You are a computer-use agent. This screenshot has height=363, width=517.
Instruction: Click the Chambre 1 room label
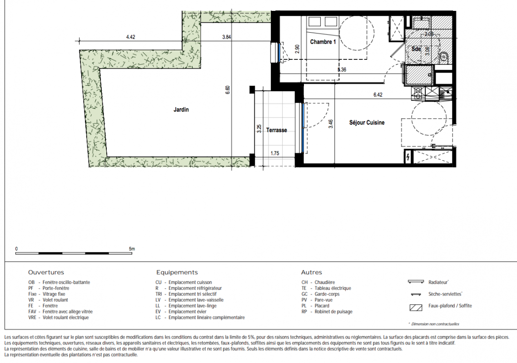click(323, 42)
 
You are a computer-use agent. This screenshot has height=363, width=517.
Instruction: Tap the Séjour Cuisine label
click(367, 123)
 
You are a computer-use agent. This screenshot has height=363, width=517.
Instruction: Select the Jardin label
click(181, 109)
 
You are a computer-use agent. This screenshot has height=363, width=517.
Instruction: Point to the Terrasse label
click(276, 130)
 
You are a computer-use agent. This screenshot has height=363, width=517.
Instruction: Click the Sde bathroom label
click(416, 49)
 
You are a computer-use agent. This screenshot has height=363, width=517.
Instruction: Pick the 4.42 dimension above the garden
click(130, 37)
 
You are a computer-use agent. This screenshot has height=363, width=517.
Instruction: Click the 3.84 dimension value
click(227, 37)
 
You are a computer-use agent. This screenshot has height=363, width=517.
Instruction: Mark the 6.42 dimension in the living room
click(378, 94)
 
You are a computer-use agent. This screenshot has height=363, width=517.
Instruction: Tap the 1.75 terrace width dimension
click(275, 153)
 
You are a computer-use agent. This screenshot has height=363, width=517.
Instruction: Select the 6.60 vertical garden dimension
click(228, 90)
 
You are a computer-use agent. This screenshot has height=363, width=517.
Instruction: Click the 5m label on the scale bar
click(132, 249)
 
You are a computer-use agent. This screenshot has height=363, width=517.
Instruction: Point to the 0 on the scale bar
click(16, 249)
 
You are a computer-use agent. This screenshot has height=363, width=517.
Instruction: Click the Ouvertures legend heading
click(46, 272)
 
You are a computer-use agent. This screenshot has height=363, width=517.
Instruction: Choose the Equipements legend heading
click(177, 272)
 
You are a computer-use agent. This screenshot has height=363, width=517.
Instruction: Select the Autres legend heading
click(312, 272)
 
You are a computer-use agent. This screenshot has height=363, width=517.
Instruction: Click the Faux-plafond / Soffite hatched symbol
click(416, 308)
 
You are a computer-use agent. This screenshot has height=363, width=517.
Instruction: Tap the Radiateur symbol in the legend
click(416, 282)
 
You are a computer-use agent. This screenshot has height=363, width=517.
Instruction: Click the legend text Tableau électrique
click(333, 288)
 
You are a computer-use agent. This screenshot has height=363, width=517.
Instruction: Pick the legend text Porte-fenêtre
click(56, 288)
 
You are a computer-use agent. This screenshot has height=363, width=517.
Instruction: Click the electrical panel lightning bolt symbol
click(408, 157)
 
